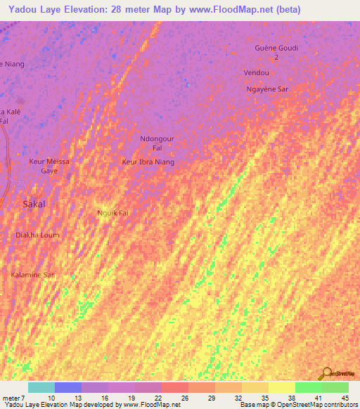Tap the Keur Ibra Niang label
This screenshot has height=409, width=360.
148,162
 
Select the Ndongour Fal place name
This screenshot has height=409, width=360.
157,144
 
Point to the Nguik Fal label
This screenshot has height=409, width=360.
112,212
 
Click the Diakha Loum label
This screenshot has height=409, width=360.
38,235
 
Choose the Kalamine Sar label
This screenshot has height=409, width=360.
33,275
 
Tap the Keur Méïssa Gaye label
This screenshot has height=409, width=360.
49,166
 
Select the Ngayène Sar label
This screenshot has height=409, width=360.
267,89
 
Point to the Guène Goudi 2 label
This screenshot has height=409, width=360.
276,52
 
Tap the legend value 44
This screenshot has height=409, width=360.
344,398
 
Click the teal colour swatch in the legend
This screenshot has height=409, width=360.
41,387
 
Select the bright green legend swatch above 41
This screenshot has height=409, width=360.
308,387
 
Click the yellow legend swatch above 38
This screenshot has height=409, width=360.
281,387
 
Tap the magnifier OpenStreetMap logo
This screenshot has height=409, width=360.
326,374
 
